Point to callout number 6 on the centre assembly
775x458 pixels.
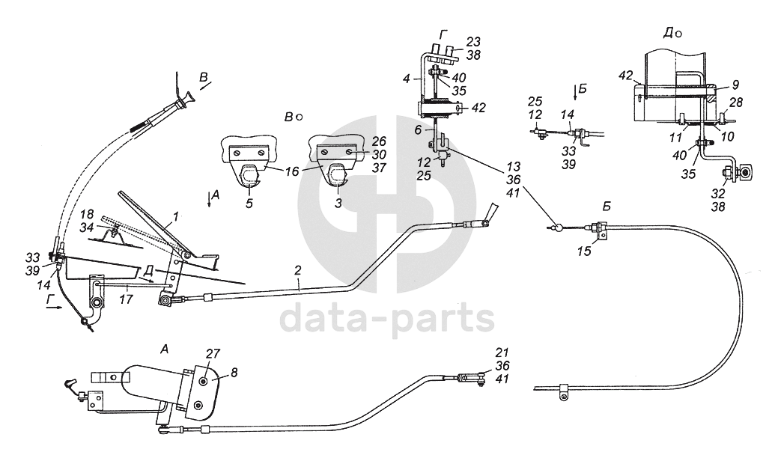(x=419, y=129)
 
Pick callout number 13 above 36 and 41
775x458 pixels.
(x=512, y=165)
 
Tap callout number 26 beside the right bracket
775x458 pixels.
(x=380, y=140)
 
